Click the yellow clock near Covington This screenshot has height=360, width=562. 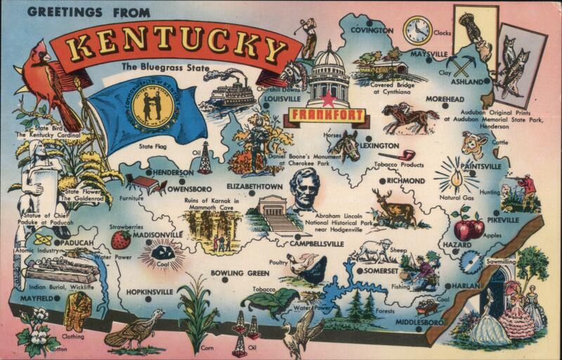[x=417, y=31]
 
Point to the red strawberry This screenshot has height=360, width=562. [x=121, y=240]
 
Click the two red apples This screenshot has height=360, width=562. [x=468, y=226]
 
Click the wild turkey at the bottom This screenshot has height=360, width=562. [x=133, y=332]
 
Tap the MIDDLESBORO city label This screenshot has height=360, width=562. [x=419, y=322]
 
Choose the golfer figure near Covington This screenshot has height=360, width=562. [x=309, y=39]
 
